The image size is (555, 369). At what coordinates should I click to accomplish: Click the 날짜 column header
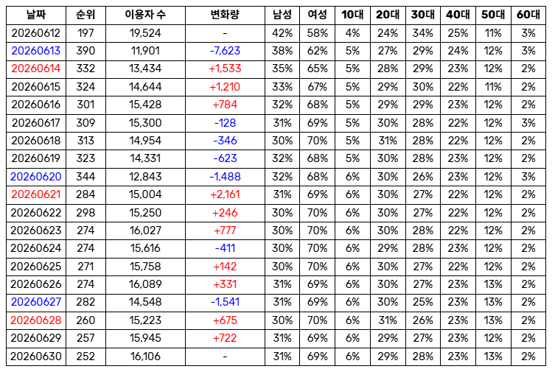click(x=36, y=15)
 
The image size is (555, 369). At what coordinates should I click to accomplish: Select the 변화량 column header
click(x=225, y=15)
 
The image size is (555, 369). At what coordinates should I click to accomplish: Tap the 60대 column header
click(x=528, y=15)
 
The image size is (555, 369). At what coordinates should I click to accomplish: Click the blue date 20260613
click(x=36, y=51)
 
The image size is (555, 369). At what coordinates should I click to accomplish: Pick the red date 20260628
click(x=36, y=320)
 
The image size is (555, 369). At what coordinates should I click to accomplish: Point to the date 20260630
click(x=36, y=356)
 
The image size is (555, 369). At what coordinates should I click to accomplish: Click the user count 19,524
click(x=145, y=33)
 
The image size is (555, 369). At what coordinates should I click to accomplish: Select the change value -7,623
click(x=225, y=51)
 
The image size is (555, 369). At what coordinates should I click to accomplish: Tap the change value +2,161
click(x=225, y=194)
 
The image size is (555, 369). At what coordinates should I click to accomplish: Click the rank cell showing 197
click(x=85, y=33)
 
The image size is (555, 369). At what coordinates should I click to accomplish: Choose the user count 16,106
click(x=145, y=356)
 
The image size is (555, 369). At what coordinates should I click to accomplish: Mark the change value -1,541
click(x=225, y=302)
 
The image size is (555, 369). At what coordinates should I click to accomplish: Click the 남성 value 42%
click(x=282, y=33)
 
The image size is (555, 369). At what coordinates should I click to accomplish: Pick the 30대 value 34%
click(x=422, y=33)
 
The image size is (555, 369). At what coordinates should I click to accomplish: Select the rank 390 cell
click(x=85, y=51)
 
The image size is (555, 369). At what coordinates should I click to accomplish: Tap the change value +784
click(x=225, y=105)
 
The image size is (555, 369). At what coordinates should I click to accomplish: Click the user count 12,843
click(x=145, y=177)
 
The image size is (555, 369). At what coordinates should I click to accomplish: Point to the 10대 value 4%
click(x=352, y=33)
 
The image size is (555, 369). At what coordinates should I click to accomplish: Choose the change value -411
click(x=225, y=248)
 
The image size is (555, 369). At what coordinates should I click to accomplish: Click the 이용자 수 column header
click(x=145, y=15)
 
